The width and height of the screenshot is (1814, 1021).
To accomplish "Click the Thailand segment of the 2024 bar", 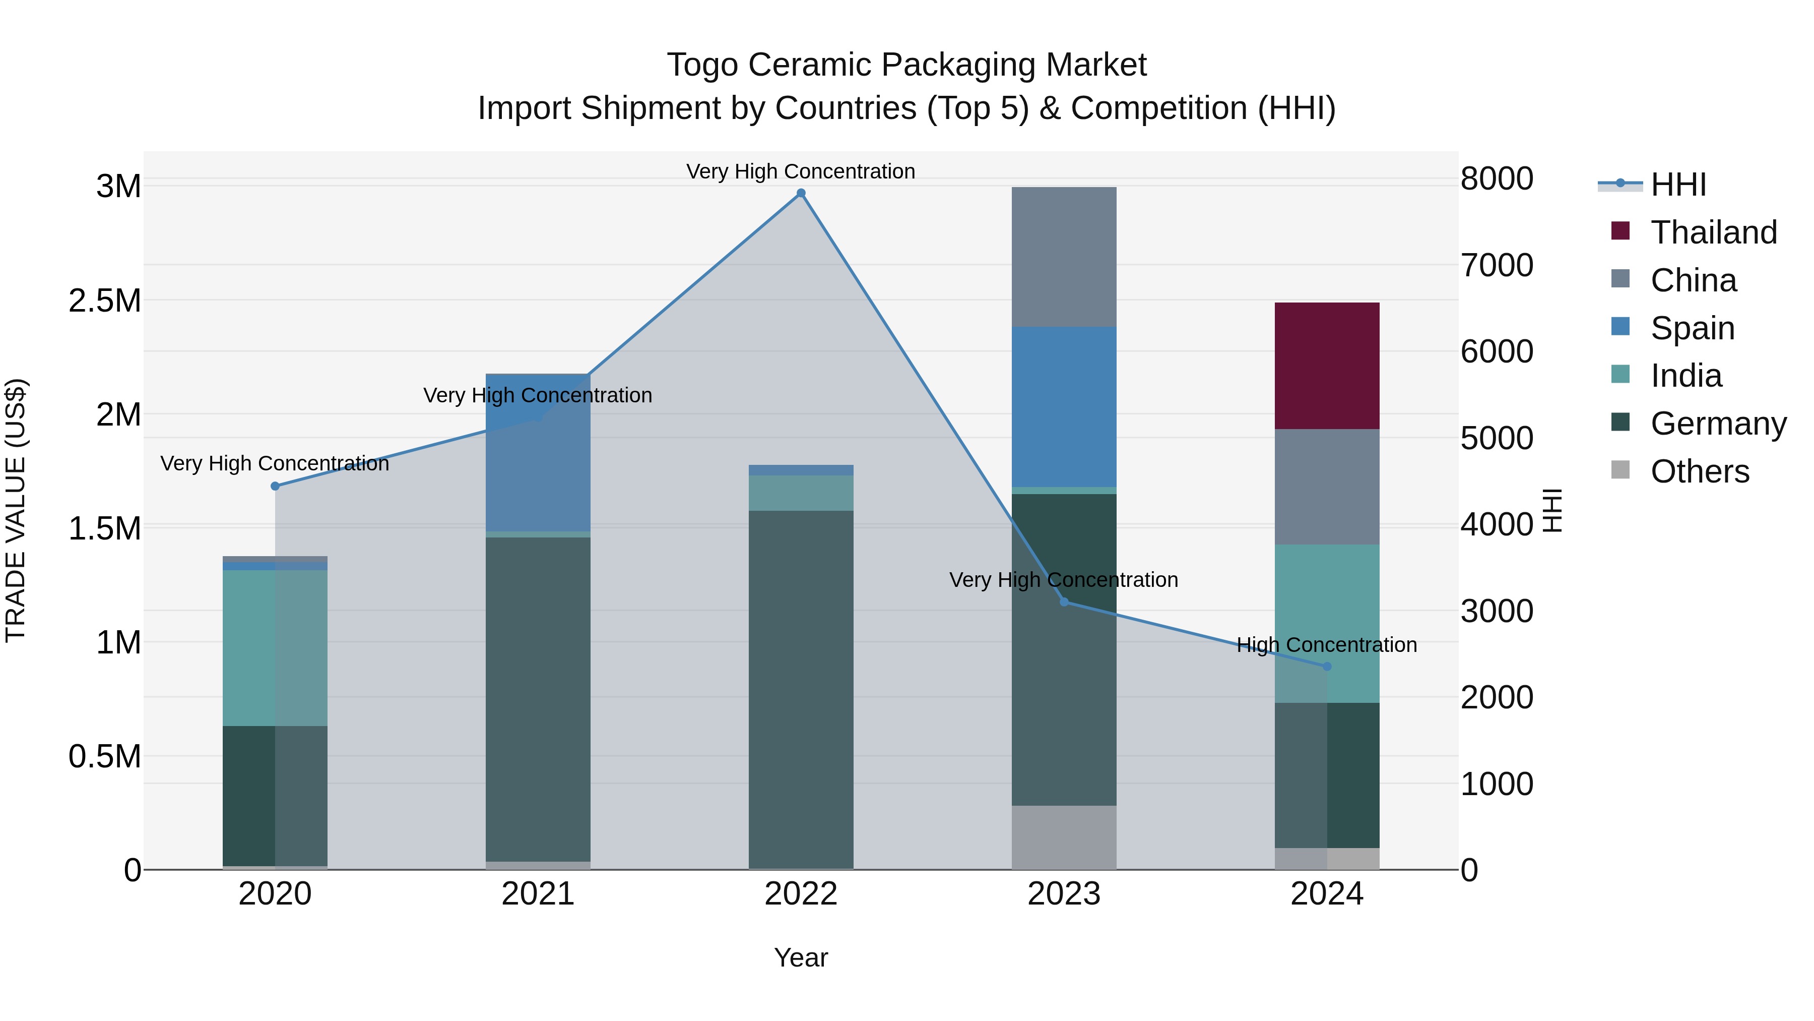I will (1327, 365).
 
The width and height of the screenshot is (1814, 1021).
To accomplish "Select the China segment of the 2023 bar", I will (1063, 257).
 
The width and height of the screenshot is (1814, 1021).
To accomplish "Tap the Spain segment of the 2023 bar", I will (1063, 406).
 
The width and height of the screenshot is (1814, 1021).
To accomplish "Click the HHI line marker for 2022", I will (801, 193).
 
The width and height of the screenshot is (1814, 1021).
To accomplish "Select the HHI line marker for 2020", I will (275, 486).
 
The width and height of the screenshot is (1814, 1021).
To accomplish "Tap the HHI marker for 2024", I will (1327, 666).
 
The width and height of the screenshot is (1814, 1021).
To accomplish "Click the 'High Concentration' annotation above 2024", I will (1327, 645).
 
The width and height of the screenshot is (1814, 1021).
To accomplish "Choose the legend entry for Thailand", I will (1713, 232).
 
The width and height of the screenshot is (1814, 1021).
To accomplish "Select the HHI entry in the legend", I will (1677, 185).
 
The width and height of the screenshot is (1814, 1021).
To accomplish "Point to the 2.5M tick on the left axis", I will (104, 301).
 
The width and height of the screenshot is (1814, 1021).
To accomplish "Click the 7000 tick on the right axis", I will (1497, 266).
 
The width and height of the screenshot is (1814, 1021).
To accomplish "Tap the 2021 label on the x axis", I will (538, 894).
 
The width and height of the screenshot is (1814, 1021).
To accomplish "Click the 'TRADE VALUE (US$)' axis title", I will (16, 510).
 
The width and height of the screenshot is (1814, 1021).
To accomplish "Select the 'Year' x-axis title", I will (801, 957).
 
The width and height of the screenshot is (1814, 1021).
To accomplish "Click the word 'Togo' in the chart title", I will (702, 65).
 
